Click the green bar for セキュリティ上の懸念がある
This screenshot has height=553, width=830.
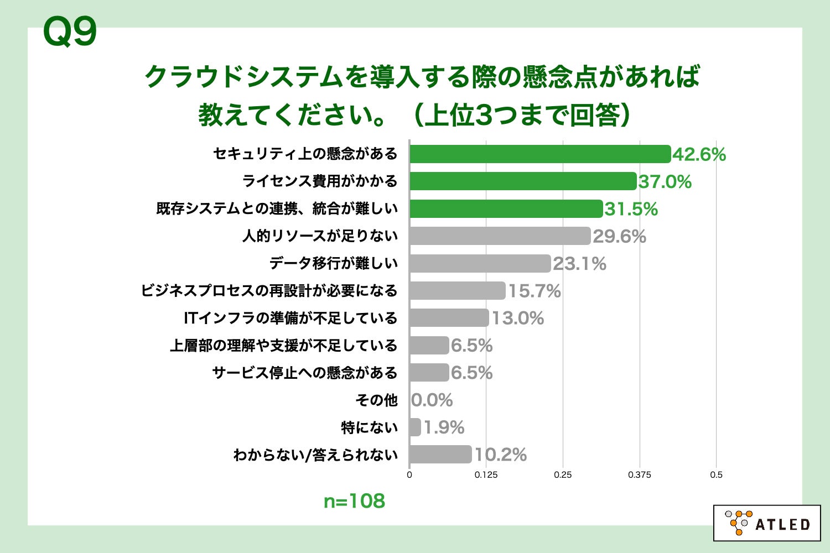(540, 154)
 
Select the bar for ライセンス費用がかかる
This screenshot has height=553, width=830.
(523, 181)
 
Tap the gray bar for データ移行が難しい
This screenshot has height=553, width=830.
(480, 263)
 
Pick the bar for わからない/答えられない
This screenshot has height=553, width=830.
(440, 455)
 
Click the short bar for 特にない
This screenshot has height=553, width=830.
(415, 427)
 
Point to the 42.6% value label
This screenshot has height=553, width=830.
(699, 154)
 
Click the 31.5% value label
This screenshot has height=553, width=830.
(631, 209)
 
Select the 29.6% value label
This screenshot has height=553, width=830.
(619, 236)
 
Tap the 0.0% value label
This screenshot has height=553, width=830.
(432, 400)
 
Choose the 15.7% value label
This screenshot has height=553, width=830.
(534, 291)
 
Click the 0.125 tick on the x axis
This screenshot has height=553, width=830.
(486, 474)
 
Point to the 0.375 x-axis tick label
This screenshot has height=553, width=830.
(639, 474)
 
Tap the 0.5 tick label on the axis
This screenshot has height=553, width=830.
(716, 474)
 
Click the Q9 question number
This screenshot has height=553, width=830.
(70, 32)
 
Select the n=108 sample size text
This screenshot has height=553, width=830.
(354, 501)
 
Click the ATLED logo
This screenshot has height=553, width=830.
(767, 523)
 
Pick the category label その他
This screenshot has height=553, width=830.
(376, 400)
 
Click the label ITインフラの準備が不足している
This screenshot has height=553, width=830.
(290, 318)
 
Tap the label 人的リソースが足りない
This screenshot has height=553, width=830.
(320, 236)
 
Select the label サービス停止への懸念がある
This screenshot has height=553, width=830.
(305, 373)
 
